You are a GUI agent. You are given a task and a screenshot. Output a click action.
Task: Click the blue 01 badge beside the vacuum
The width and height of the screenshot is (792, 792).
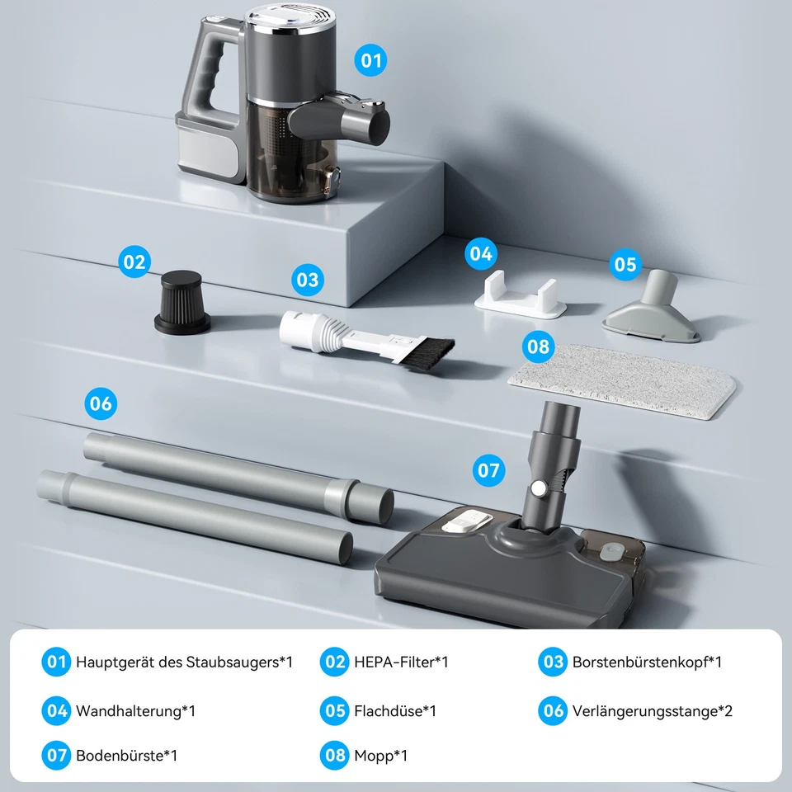coord(371,60)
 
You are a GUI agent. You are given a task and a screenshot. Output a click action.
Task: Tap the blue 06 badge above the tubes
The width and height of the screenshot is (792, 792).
coord(101,404)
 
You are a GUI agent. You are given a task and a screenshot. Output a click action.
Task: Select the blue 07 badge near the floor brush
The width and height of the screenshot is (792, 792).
coord(488,470)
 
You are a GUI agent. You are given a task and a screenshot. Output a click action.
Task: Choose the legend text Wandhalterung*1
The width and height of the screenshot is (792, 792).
coord(135,710)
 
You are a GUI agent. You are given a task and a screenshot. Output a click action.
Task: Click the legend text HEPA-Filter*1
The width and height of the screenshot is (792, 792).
coord(401,662)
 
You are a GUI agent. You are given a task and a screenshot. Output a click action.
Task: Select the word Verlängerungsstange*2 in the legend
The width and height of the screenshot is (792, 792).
coord(652,710)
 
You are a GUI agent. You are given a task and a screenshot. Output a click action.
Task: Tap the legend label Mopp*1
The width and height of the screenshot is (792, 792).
coord(380,756)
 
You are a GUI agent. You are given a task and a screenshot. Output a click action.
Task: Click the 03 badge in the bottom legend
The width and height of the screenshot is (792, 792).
coord(553,662)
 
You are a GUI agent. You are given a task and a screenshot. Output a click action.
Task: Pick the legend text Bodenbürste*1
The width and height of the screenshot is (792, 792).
coord(126,756)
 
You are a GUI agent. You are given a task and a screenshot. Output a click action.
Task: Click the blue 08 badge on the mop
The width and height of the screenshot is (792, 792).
coord(538,346)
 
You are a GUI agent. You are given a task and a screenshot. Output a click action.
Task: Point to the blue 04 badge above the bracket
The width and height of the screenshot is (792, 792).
coord(480,253)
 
